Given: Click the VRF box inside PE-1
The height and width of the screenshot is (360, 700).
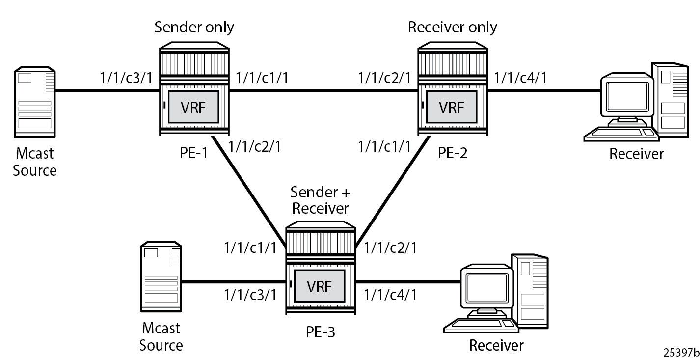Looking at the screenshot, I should (193, 108).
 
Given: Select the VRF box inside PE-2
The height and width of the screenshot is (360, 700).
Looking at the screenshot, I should (451, 108).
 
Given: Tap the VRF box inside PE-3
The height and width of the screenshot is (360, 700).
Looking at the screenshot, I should (320, 287).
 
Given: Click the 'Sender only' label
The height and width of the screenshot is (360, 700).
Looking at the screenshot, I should (194, 27).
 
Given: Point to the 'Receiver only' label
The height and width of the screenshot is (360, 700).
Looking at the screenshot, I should (452, 27).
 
